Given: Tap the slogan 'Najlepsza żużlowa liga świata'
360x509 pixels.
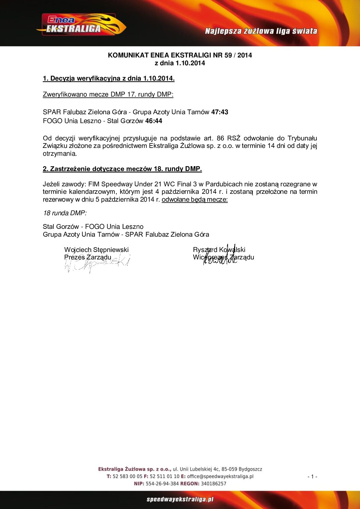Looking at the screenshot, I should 261,31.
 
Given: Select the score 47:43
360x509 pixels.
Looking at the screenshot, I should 219,112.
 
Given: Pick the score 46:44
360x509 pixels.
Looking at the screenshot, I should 153,121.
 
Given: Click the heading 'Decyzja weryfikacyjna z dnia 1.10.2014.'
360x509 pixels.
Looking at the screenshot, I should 109,78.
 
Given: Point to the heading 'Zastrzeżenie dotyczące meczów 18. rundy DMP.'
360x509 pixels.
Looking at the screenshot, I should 122,169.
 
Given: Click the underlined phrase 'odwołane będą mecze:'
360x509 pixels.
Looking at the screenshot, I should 195,199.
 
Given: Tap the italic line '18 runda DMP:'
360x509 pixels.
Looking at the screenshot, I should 65,213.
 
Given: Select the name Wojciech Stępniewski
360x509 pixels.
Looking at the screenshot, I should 96,250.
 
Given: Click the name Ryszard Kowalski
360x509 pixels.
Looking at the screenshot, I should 219,250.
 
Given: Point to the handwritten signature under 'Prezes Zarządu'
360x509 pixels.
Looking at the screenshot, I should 97,264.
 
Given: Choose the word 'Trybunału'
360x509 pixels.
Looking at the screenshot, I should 302,138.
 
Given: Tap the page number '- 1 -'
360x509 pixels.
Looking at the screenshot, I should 312,476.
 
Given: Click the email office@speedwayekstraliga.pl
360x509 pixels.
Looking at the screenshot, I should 220,476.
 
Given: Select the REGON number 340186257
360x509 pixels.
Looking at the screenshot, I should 213,483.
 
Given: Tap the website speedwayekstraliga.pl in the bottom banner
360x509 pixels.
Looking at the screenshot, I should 180,499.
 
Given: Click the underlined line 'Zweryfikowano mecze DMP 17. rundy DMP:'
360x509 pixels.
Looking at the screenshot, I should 108,94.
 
